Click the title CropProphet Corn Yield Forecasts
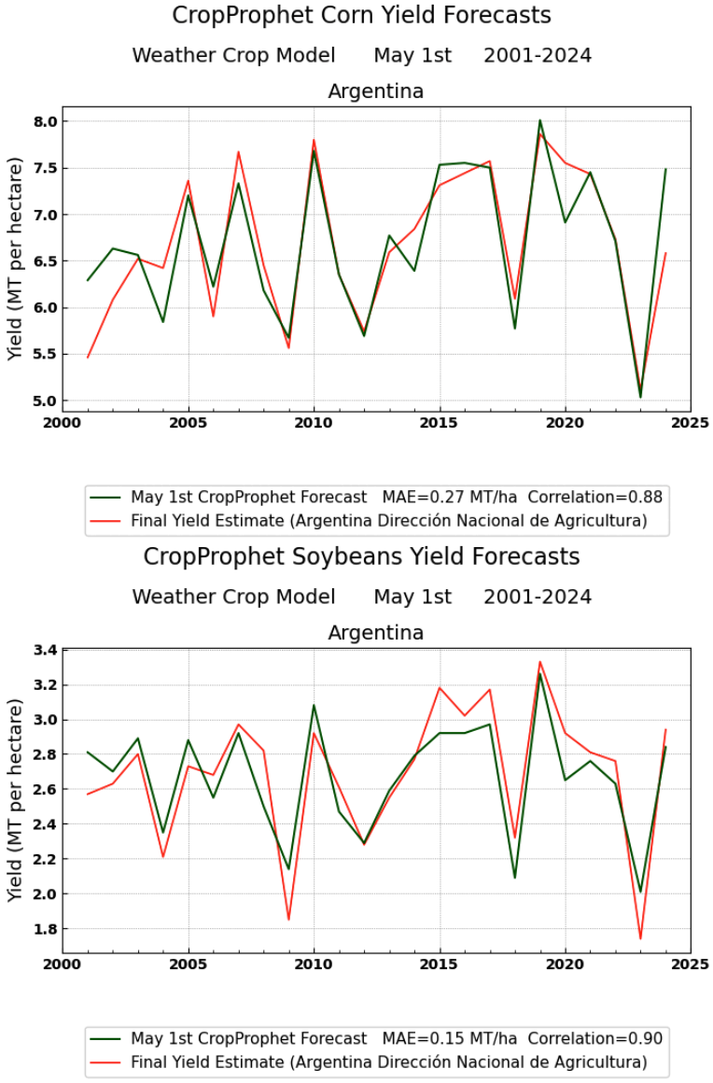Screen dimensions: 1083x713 (x=361, y=16)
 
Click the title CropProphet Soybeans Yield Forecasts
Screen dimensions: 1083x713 (x=361, y=557)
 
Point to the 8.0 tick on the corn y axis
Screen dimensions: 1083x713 (x=46, y=121)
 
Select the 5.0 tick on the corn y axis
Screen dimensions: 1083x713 (x=46, y=401)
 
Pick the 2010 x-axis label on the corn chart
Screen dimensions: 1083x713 (x=314, y=422)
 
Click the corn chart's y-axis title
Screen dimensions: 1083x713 (x=15, y=260)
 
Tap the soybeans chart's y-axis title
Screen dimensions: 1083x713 (x=15, y=801)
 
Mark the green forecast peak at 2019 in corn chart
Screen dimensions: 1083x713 (x=539, y=120)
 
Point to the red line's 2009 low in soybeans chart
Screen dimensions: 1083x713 (x=288, y=920)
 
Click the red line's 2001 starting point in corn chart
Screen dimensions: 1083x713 (x=88, y=358)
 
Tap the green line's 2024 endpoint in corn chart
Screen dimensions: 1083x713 (x=665, y=170)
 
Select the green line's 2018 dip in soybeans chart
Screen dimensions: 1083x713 (x=514, y=878)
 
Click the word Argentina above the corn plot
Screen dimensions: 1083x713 (x=375, y=91)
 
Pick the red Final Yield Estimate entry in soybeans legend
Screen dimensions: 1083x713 (x=388, y=1062)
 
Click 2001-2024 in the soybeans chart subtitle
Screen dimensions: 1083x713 (x=537, y=597)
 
